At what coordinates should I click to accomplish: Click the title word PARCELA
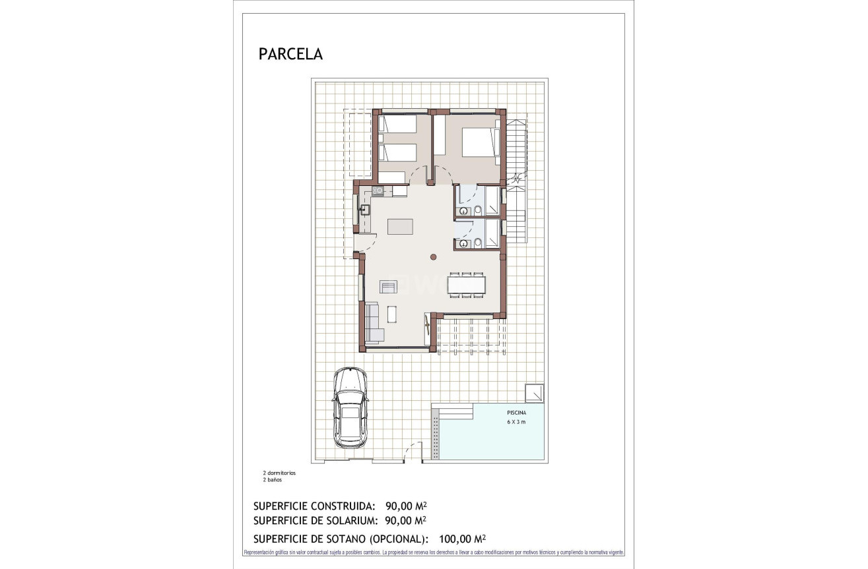(290, 55)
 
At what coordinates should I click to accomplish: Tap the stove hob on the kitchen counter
(378, 191)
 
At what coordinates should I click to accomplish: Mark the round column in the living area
(433, 257)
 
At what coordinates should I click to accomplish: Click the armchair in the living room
(388, 286)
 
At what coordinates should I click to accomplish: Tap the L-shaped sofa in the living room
(374, 323)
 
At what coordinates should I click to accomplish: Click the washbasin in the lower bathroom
(463, 244)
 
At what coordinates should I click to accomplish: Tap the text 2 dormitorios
(279, 473)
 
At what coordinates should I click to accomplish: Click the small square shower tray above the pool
(534, 392)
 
